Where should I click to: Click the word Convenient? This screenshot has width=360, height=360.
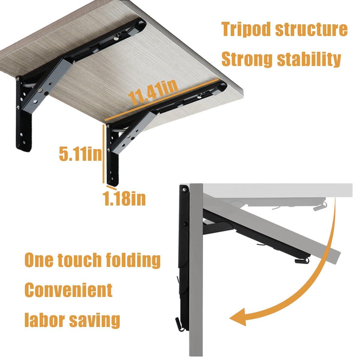click(68, 290)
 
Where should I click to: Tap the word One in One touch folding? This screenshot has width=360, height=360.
click(37, 260)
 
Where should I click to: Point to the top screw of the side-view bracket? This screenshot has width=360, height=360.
click(184, 190)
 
